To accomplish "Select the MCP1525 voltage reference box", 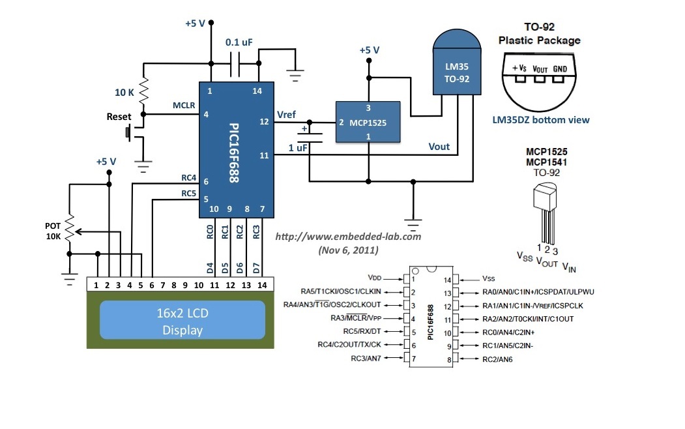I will click(x=368, y=122).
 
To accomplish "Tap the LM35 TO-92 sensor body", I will click(x=457, y=72).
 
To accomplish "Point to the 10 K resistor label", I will click(x=124, y=93).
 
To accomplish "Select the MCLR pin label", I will click(x=184, y=104).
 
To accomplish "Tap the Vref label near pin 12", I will click(x=286, y=115).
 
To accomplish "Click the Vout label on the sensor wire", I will click(x=439, y=147).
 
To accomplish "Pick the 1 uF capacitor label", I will click(x=298, y=149).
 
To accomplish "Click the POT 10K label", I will click(x=53, y=231).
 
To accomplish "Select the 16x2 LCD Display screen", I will click(x=182, y=322).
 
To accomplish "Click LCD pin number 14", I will click(x=262, y=285).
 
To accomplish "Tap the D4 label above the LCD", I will click(x=210, y=267).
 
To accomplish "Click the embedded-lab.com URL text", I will click(x=348, y=236).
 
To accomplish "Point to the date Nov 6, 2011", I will click(x=347, y=250).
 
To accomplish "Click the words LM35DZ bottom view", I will click(x=541, y=120).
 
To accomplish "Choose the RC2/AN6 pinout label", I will click(x=498, y=359).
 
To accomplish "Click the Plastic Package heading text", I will click(x=539, y=40).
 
